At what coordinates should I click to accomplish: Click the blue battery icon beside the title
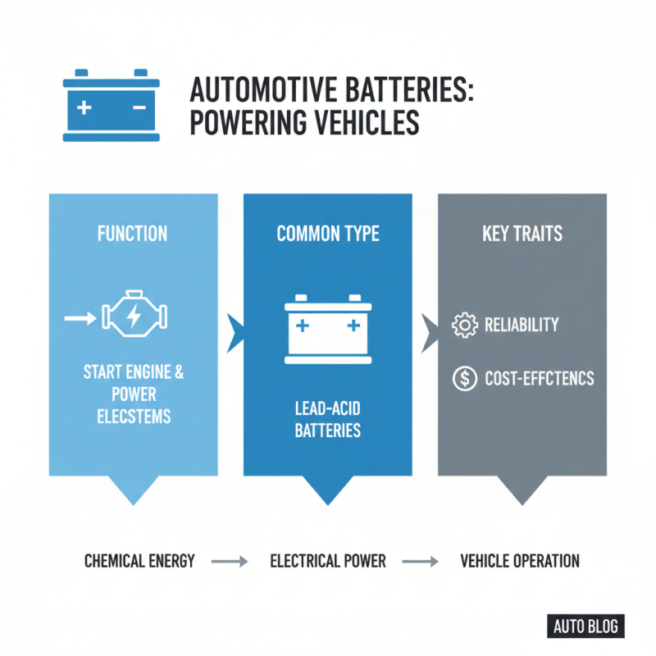(x=112, y=106)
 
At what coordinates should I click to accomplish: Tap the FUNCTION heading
(x=132, y=234)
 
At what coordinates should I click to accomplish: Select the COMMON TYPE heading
(x=328, y=234)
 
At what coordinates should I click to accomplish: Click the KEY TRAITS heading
(x=522, y=234)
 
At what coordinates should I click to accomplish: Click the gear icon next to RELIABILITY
(x=465, y=325)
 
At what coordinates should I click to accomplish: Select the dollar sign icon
(x=465, y=378)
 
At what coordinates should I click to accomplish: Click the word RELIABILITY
(x=522, y=325)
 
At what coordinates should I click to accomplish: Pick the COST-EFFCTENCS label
(x=539, y=379)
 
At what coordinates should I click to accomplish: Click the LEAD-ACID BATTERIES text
(x=328, y=418)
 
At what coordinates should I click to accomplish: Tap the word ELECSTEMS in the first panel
(x=133, y=417)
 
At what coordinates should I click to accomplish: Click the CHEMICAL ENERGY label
(x=139, y=562)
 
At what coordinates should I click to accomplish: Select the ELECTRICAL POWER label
(x=328, y=562)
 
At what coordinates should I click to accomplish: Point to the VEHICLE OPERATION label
(x=520, y=562)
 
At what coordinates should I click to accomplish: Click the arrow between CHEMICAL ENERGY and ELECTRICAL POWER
(x=230, y=562)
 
